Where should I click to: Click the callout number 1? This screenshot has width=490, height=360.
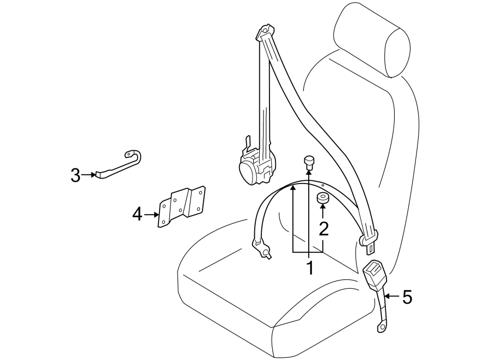pyautogui.click(x=309, y=268)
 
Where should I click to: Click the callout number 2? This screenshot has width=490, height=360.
pyautogui.click(x=323, y=229)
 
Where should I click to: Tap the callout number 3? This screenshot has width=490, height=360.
pyautogui.click(x=75, y=175)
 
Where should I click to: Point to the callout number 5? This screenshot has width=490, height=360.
pyautogui.click(x=407, y=297)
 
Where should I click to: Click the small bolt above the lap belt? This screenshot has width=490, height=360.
pyautogui.click(x=309, y=162)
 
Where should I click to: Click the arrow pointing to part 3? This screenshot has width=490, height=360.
pyautogui.click(x=89, y=175)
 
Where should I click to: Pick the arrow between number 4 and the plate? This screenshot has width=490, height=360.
pyautogui.click(x=151, y=215)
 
